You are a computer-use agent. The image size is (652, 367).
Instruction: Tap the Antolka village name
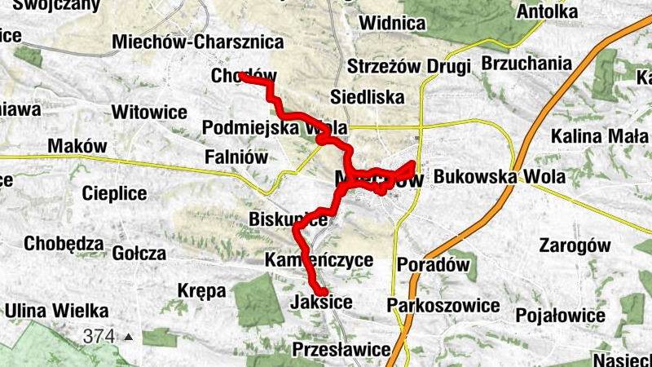pos(548,12)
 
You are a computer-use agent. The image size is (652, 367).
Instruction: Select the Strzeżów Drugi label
pos(409,66)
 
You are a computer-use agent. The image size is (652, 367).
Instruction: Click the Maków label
pos(77,146)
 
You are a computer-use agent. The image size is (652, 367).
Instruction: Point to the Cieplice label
pos(114,193)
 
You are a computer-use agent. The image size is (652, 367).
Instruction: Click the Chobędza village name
pos(64,243)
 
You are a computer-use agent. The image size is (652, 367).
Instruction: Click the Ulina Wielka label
pos(57,311)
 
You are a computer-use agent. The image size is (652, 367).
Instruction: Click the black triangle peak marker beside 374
pos(128,336)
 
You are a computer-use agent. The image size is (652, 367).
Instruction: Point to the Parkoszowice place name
pos(443,305)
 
